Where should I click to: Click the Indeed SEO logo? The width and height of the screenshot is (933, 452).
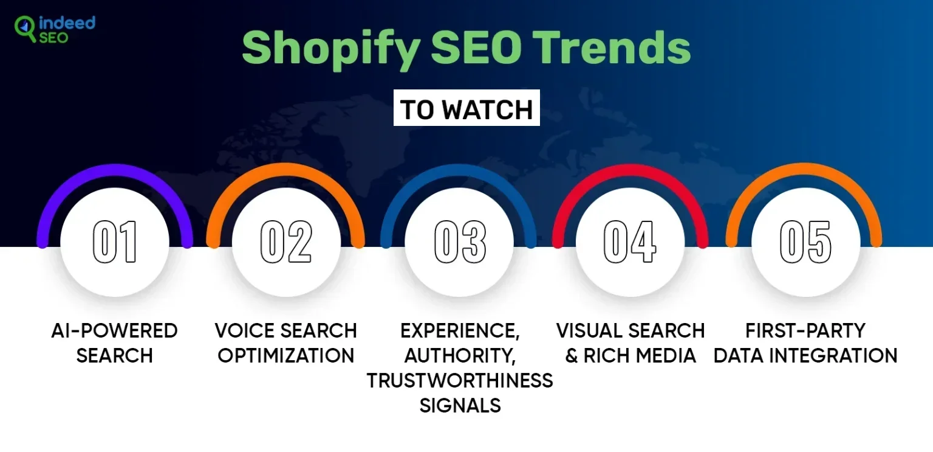coord(55,29)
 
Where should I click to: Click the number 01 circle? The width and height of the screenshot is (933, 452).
coord(115,242)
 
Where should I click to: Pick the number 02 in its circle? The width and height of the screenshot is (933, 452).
coord(286,242)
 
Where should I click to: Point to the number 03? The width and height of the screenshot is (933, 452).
coord(460,242)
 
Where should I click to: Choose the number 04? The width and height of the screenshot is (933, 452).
coord(630,242)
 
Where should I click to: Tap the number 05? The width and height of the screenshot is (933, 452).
coord(805,242)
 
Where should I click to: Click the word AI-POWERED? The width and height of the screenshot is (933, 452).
coord(114,331)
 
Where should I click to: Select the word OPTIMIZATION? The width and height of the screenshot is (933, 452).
coord(286,355)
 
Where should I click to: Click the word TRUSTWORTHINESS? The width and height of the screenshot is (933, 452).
coord(460,380)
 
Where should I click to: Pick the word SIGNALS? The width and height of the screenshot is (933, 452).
coord(460,405)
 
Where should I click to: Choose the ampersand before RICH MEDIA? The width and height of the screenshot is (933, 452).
coord(571,356)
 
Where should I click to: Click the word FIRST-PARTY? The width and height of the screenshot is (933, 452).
coord(805,331)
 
